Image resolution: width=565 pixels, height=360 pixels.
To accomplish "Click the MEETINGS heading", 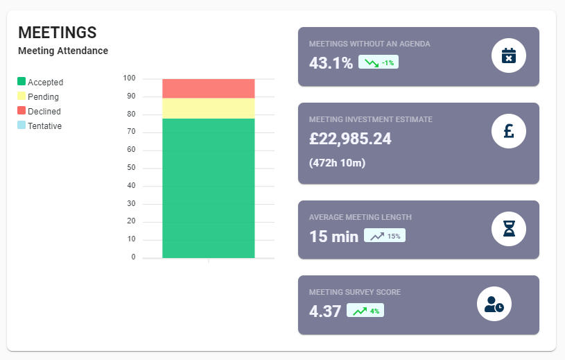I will coord(57,33).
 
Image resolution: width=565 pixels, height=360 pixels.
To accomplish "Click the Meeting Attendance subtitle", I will coord(63,51).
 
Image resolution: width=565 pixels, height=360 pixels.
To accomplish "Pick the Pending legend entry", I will coord(38,96).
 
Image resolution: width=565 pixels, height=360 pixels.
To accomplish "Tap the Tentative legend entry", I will coord(40,126).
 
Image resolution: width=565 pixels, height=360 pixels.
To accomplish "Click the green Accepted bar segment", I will coord(208,187).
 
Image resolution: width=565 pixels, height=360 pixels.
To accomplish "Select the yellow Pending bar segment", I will coord(208,108).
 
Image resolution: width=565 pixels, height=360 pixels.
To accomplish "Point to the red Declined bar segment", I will coord(208,88).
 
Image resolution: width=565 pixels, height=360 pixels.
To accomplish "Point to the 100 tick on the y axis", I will coord(129,78).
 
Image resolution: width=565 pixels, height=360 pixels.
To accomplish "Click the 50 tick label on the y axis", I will coord(131,168).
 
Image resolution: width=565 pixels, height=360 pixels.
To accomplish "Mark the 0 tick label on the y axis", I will coord(133,257).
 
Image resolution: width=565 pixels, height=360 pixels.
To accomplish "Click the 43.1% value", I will coord(331,63).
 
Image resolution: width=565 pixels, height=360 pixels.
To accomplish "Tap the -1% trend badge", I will coord(379,63).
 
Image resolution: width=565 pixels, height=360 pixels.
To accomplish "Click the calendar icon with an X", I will coord(508,55).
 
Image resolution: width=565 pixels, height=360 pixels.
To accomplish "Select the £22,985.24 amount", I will coord(350,139).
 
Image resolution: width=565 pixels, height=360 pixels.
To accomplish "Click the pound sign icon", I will coord(508,131).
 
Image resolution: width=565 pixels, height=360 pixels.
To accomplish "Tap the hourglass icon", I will coord(508,228).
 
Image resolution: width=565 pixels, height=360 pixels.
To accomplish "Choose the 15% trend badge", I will coord(385,236).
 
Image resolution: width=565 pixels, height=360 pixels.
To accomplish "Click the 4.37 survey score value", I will coord(324,311).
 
